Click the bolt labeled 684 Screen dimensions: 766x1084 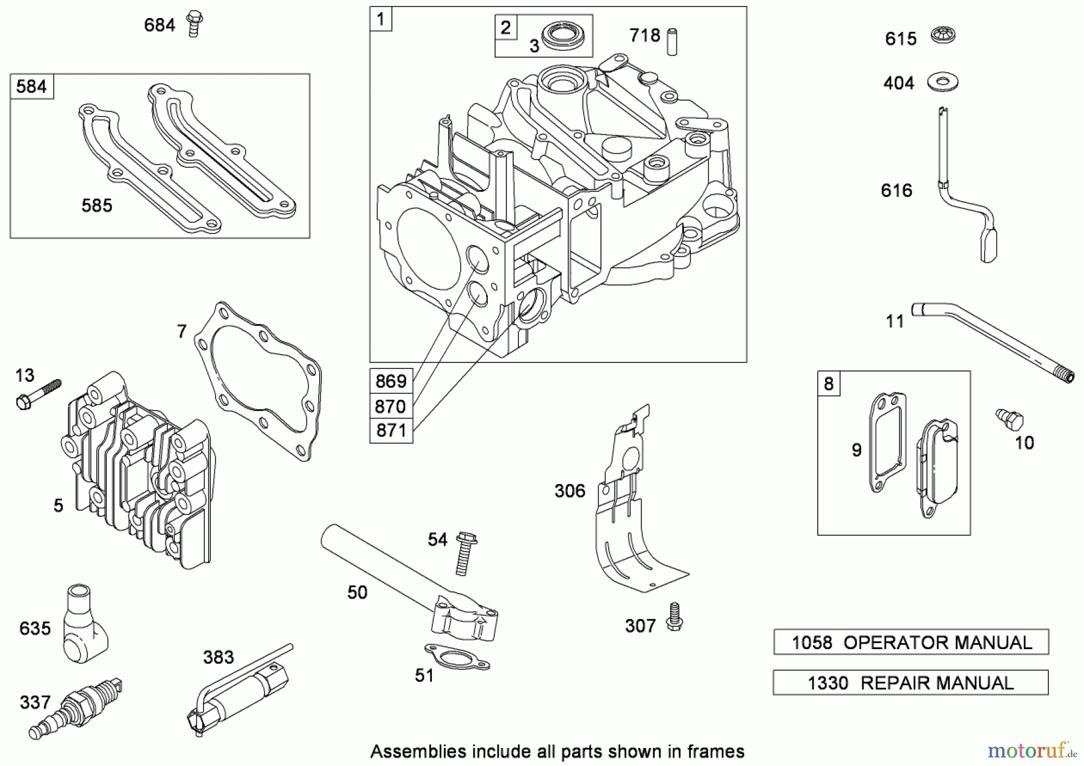tap(193, 23)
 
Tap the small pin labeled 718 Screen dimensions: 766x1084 tap(671, 42)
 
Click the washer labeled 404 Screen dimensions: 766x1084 tap(942, 82)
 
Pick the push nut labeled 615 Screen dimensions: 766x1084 tap(943, 36)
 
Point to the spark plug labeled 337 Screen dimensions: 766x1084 tap(75, 710)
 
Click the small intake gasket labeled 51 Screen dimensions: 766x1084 tap(457, 656)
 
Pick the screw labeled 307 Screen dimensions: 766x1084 tap(674, 617)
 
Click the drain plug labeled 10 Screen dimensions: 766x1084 tap(1009, 419)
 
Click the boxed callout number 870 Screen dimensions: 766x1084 tap(391, 406)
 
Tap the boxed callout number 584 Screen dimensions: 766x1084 tap(32, 87)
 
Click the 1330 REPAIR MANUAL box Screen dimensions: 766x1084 tap(910, 682)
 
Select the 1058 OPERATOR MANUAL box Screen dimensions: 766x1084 tap(911, 642)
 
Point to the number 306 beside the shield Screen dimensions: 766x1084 tap(569, 491)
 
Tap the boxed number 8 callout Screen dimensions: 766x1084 tap(829, 384)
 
